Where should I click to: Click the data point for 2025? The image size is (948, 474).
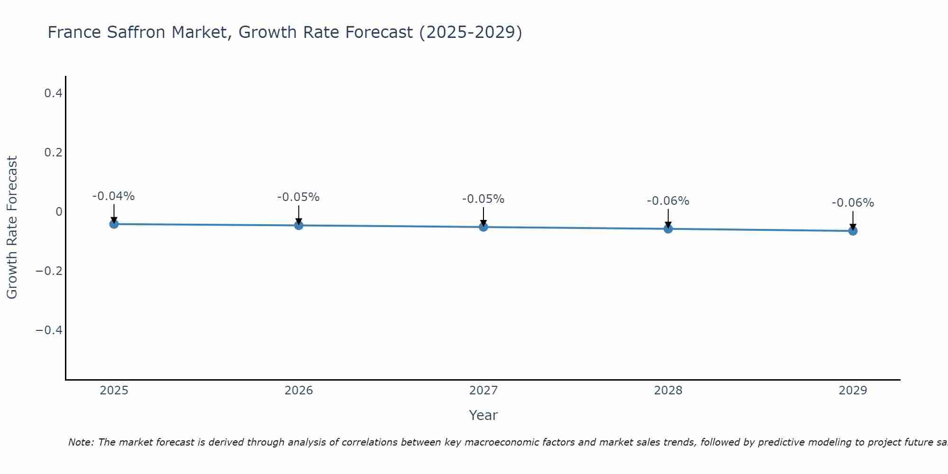114,224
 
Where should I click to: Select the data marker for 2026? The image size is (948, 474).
299,225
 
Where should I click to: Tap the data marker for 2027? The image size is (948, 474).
483,227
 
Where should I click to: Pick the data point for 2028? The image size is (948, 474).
668,229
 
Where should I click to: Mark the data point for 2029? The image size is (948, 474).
853,231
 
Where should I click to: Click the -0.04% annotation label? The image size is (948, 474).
114,196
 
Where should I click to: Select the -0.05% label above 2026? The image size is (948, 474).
299,197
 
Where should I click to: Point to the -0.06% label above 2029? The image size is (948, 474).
853,203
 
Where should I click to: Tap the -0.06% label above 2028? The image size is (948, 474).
668,201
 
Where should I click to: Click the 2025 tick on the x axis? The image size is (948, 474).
114,391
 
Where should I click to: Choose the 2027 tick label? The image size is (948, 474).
483,391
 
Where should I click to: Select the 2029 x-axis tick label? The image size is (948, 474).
853,391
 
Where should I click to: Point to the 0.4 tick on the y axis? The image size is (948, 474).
53,93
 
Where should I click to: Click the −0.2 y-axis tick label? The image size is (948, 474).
49,271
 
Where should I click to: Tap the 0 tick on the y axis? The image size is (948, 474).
59,212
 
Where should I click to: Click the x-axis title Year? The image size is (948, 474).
483,415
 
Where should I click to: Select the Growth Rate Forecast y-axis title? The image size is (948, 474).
12,228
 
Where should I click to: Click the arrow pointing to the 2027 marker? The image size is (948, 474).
483,216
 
